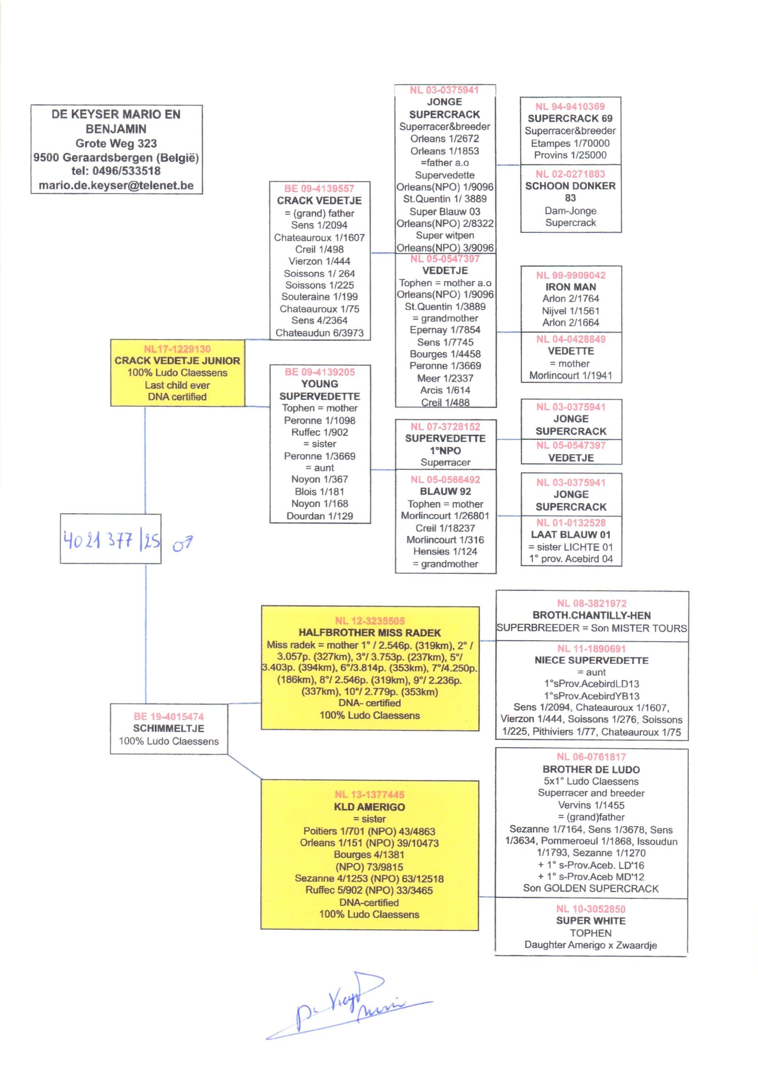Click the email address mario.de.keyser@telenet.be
116,185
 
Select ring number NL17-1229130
177,349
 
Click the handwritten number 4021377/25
111,540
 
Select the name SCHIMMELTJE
169,728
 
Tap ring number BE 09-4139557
319,189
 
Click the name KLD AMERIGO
369,807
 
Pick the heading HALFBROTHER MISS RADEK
369,633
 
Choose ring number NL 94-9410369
570,106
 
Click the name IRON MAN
571,287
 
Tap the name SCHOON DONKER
570,186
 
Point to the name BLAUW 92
445,491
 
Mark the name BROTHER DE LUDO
591,769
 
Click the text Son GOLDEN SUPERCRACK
590,888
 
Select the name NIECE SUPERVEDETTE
591,660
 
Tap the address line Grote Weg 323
116,144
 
